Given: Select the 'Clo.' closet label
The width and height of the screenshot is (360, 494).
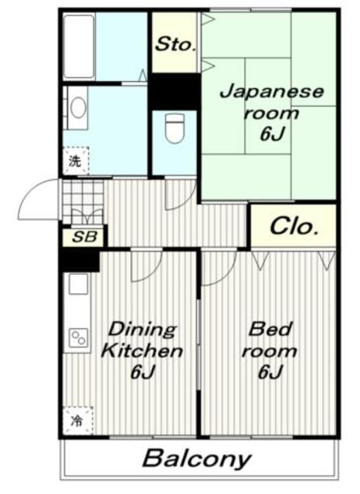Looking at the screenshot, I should pyautogui.click(x=294, y=227).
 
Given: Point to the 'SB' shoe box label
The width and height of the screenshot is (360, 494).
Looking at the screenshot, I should pyautogui.click(x=84, y=237).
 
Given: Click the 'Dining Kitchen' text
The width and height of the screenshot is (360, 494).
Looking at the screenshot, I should pyautogui.click(x=143, y=340).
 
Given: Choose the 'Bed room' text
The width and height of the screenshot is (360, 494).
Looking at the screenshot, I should pyautogui.click(x=269, y=340).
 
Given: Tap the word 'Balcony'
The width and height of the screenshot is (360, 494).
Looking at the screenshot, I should pyautogui.click(x=197, y=459).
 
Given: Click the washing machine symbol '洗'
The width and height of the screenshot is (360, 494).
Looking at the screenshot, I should pyautogui.click(x=75, y=162).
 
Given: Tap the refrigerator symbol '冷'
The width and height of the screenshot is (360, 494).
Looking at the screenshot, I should pyautogui.click(x=76, y=421).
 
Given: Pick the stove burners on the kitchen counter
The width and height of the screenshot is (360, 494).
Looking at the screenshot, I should pyautogui.click(x=79, y=337).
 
